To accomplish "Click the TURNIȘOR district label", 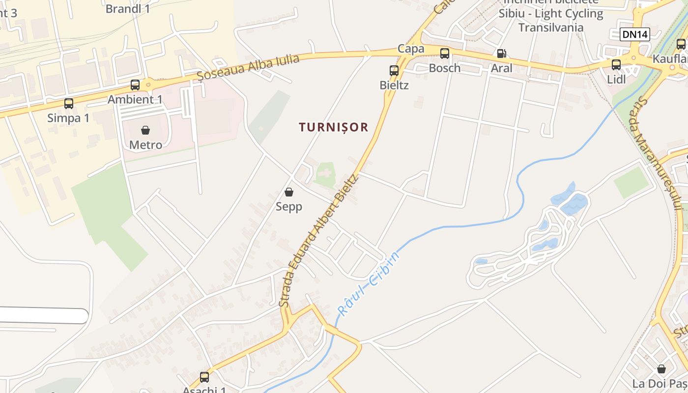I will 334,127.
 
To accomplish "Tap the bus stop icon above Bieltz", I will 394,70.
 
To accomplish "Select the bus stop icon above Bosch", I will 445,54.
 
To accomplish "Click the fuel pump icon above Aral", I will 501,54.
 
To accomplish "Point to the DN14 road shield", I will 635,34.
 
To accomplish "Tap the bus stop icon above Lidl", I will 616,64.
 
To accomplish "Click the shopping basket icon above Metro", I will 145,130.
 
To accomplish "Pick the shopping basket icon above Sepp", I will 289,192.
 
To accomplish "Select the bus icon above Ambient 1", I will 135,84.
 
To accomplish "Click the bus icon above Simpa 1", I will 69,103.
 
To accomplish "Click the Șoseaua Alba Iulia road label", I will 248,67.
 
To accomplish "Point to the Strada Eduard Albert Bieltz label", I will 318,241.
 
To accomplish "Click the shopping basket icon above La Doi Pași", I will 661,368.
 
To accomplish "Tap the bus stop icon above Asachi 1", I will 204,377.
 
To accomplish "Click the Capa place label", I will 411,49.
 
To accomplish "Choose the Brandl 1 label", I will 128,8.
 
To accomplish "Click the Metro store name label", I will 145,145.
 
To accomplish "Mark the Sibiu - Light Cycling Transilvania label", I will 551,20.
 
